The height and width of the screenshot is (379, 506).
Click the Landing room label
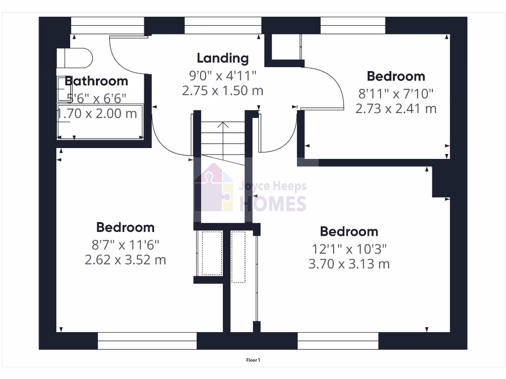point(222,58)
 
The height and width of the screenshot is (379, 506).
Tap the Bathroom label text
point(96,81)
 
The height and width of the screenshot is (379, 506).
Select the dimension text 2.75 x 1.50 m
point(222,91)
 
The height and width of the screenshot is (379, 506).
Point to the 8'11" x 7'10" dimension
point(396,93)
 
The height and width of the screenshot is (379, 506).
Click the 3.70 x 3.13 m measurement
point(349,264)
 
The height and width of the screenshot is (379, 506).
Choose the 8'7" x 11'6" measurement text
point(125,244)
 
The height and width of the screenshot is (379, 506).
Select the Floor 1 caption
point(253,360)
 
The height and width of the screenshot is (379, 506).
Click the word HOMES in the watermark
point(273,203)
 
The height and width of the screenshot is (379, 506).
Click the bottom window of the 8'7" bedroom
point(147,341)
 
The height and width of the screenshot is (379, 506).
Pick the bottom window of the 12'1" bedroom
point(338,341)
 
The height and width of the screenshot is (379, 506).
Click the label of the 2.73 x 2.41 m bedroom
point(396,76)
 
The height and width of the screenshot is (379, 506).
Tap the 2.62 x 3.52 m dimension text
point(125,260)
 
